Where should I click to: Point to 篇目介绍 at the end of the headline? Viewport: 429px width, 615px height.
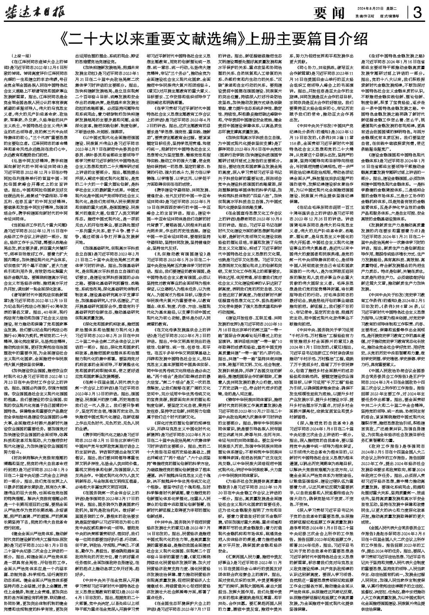pyautogui.click(x=339, y=39)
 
